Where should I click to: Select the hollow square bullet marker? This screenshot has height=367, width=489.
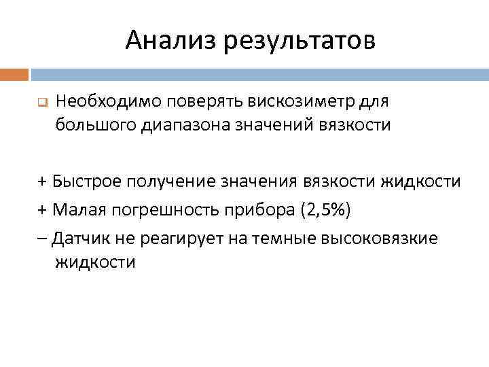click(40, 104)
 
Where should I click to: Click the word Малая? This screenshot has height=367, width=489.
click(79, 210)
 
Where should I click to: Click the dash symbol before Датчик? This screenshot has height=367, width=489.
click(42, 239)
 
